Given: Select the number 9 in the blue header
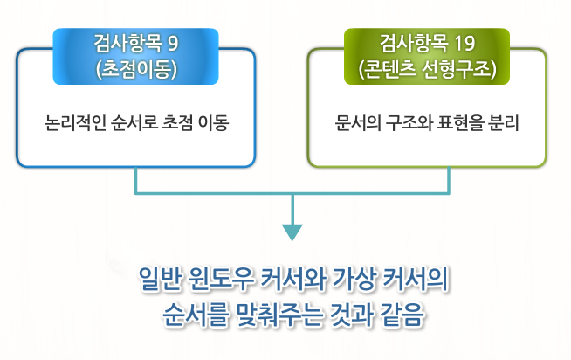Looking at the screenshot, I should coord(171,42).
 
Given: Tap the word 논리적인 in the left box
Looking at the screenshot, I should coord(73,123).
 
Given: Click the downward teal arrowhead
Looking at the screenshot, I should coord(292,232).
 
